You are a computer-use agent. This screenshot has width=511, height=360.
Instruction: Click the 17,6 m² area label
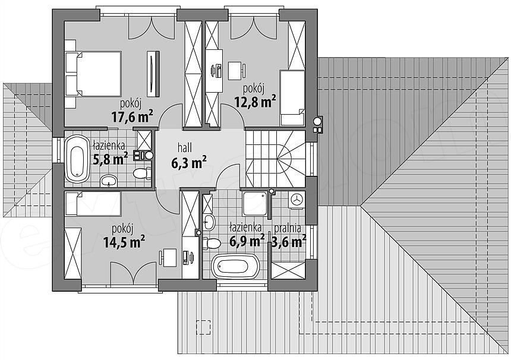pos(133,116)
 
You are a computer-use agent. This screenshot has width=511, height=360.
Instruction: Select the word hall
pos(185,147)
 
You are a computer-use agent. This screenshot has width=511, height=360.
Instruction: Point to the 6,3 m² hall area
pos(189,162)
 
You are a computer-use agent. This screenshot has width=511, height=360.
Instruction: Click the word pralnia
pos(288,228)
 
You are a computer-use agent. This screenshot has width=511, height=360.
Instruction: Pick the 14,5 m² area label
pos(124,242)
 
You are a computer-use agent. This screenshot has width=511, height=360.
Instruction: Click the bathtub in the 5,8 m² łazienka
pos(77,159)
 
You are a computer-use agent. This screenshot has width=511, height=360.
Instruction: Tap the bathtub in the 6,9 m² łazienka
pos(236,266)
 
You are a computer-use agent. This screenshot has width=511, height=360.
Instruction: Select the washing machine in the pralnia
pos(296,200)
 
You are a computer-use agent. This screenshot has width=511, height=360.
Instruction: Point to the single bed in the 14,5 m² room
pos(93,204)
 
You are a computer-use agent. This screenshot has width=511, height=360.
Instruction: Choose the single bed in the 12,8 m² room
pos(292,98)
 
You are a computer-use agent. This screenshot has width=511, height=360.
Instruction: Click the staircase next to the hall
pos(275,159)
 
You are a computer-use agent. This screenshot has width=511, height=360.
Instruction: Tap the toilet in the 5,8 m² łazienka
pos(142,173)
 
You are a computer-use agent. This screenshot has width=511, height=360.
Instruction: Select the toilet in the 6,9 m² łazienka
pos(212,244)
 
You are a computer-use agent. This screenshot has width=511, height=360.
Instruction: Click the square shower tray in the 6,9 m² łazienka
pos(255,204)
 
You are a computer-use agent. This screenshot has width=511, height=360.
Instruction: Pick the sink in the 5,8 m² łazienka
pos(109,181)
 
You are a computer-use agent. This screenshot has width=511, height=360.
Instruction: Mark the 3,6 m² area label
pos(289,242)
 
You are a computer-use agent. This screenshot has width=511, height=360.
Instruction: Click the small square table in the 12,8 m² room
pos(235,71)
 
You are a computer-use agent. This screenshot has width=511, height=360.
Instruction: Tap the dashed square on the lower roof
pos(203,327)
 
